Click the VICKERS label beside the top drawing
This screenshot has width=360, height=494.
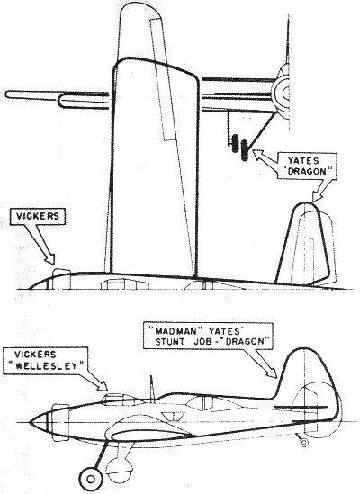38,216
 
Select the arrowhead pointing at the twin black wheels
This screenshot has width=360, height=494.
257,154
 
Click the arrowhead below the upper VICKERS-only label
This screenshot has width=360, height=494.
50,259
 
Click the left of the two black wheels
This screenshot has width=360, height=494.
235,144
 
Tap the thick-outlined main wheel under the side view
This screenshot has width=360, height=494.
91,480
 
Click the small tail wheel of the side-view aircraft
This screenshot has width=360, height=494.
304,443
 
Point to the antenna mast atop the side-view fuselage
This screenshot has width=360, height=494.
151,389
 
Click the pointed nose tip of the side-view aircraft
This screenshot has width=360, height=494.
30,422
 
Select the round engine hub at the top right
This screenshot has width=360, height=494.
283,93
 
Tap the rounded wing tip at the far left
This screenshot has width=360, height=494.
8,94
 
